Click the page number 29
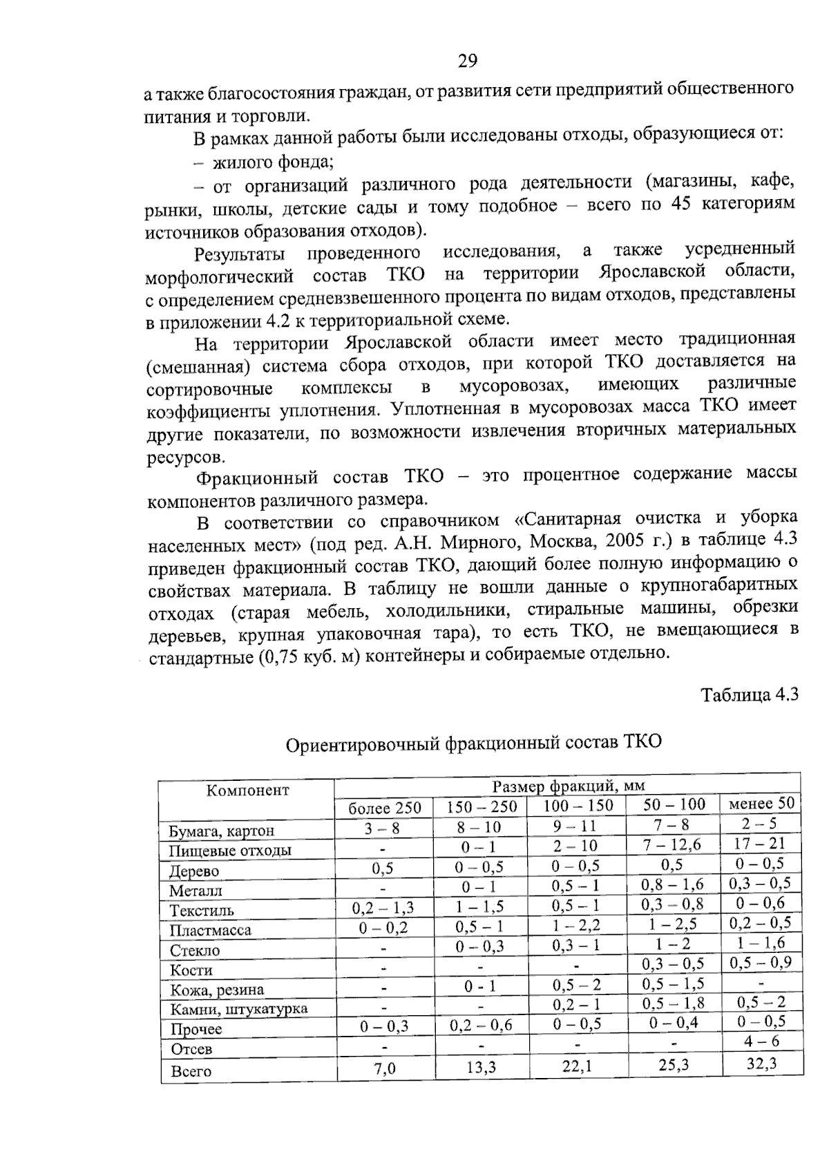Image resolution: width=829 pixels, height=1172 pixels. [x=468, y=62]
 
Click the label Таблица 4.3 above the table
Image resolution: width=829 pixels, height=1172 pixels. [x=750, y=694]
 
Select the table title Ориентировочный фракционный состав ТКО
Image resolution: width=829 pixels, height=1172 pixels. [x=473, y=744]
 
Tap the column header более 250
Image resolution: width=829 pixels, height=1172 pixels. [x=383, y=808]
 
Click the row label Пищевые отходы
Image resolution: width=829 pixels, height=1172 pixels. [x=230, y=851]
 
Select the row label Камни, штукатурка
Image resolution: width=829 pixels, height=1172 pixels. [x=238, y=1008]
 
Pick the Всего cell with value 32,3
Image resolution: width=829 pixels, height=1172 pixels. [x=761, y=1063]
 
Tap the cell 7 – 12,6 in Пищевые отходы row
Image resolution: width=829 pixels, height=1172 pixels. [x=671, y=844]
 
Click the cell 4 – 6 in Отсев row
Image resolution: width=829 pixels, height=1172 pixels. [x=761, y=1041]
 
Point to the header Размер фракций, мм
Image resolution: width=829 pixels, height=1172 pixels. [x=568, y=786]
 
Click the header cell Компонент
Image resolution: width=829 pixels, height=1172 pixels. [x=247, y=790]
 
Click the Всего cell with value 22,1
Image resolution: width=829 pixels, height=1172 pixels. [x=577, y=1066]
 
